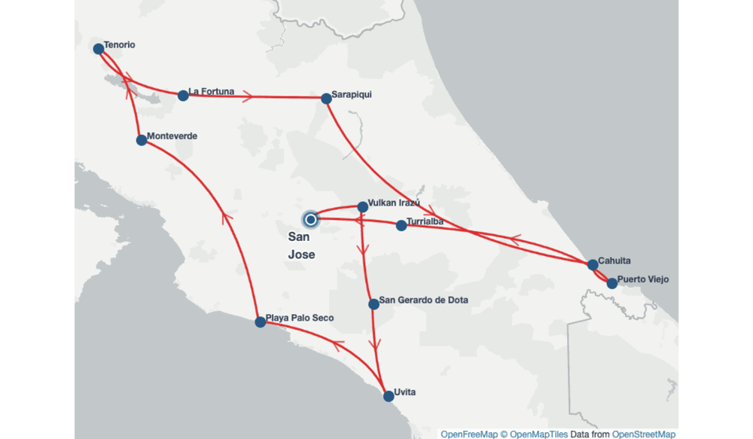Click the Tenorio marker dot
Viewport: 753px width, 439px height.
pos(98,49)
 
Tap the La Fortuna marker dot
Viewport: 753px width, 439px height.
pos(183,96)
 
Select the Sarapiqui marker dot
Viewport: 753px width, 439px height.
pos(326,99)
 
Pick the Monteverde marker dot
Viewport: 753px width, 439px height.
pos(142,140)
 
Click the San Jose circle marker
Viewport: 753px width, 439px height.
pos(311,219)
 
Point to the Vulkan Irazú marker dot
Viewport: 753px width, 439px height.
pos(362,206)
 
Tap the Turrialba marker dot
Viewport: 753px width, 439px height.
pos(401,225)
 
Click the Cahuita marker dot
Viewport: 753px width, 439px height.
pos(593,264)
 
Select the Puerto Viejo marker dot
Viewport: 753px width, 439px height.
pos(612,284)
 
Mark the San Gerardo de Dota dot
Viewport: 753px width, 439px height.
pos(373,304)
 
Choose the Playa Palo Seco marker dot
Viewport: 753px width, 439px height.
pos(261,322)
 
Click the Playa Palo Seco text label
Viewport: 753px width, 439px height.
pos(300,318)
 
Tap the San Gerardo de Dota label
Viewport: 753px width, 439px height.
pos(423,300)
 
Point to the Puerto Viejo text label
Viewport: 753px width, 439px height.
pos(643,279)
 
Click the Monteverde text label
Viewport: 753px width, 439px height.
pos(172,136)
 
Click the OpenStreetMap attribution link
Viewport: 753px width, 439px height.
pos(644,434)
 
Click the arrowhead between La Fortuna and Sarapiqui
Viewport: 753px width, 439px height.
pos(248,96)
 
